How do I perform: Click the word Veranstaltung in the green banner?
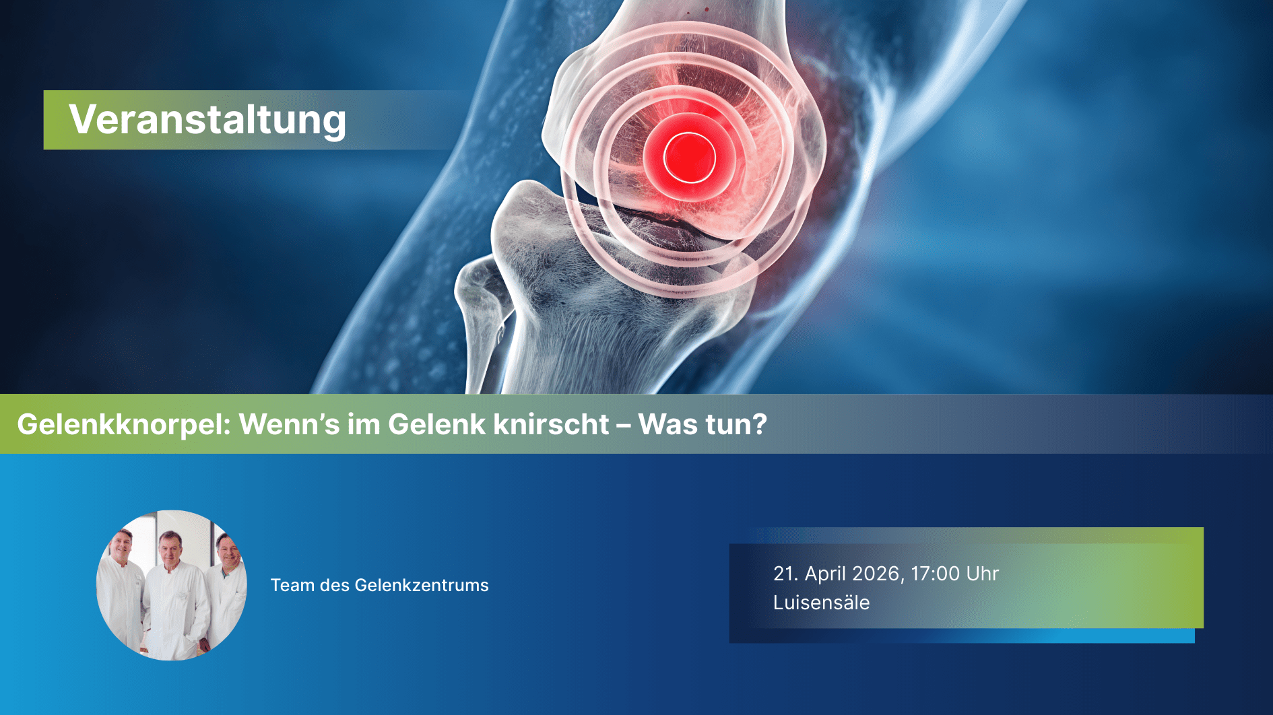click(207, 120)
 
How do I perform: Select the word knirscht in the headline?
click(551, 424)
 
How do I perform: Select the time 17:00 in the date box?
click(935, 574)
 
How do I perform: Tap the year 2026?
click(876, 574)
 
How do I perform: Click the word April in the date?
click(825, 574)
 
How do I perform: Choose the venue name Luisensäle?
click(822, 603)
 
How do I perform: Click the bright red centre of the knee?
click(689, 158)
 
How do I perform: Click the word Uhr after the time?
click(983, 574)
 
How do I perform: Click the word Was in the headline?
click(667, 424)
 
